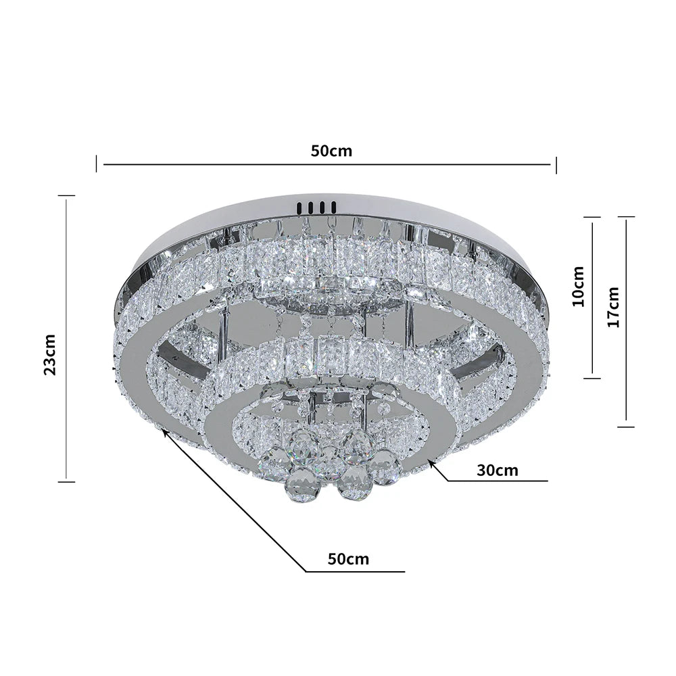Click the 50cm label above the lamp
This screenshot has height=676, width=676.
tap(331, 150)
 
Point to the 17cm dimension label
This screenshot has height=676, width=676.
tap(613, 308)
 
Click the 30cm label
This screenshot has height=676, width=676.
tap(497, 470)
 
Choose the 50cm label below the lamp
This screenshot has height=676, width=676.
tap(348, 559)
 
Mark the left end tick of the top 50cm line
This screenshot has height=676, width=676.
tap(96, 163)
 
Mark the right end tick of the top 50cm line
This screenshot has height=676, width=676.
tap(556, 163)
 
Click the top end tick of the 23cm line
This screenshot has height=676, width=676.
tap(66, 196)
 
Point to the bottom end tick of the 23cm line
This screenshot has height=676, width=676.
tap(66, 481)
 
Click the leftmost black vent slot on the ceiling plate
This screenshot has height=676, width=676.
tap(297, 207)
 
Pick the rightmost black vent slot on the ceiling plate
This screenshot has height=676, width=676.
tap(334, 207)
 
